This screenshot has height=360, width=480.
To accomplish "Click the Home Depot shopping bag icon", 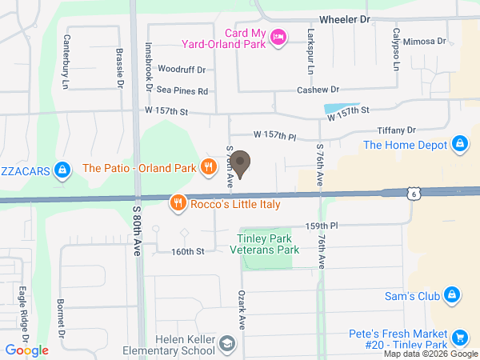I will click(459, 145).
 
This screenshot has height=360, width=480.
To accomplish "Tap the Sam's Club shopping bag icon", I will click(451, 295).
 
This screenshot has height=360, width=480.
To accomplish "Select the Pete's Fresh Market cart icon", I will click(459, 338).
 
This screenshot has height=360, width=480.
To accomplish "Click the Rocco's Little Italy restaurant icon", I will click(178, 204).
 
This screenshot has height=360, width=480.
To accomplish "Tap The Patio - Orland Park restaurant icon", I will click(208, 167).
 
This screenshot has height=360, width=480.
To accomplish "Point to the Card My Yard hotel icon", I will click(278, 37).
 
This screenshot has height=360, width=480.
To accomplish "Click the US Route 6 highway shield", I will click(411, 194).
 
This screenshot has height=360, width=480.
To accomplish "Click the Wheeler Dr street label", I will click(345, 18).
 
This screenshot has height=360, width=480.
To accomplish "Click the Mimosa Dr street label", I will click(424, 41).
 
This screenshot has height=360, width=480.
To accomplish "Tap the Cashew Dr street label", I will click(318, 90).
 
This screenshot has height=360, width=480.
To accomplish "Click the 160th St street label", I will click(188, 251).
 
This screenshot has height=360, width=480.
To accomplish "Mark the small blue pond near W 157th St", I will click(334, 108).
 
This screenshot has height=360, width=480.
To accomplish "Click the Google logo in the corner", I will click(26, 350).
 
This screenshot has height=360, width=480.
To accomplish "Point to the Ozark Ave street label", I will click(240, 307).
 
